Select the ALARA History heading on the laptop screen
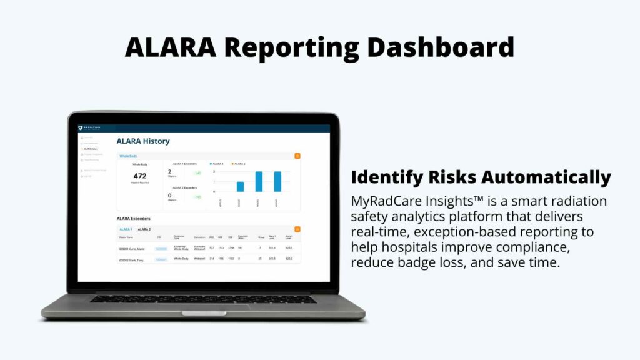point(142,141)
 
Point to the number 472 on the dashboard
point(140,176)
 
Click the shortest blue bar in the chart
point(240,186)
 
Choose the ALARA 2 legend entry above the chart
point(239,164)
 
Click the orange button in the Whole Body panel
point(297,156)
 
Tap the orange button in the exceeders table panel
point(297,230)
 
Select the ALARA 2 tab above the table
point(144,230)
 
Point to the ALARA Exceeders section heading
point(133,219)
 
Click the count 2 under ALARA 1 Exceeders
point(169,171)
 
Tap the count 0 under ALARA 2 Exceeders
point(169,196)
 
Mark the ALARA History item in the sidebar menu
point(91,149)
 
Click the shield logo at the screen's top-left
point(81,128)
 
